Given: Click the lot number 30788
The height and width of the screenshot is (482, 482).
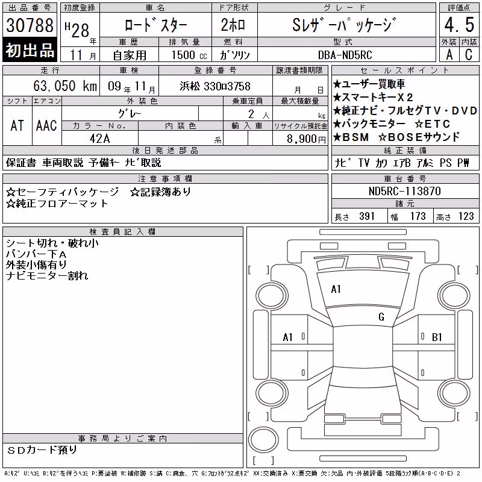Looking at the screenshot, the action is pos(30,25).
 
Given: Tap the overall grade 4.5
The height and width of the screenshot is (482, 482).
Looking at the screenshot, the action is pos(459,25).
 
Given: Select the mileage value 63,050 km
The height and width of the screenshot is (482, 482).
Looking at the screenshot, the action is pos(65,86).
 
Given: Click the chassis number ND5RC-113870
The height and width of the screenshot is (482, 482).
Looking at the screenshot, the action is pos(405,191).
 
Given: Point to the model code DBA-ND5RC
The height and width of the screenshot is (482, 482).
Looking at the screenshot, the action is pos(345,55).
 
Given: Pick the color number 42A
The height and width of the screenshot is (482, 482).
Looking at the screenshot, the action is pos(99,139).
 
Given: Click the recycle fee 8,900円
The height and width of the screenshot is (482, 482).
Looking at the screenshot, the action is pos(306,139).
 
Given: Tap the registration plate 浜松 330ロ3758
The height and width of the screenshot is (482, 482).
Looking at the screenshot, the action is pos(215,86).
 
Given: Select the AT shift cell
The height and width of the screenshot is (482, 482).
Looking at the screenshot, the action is pos(17,125).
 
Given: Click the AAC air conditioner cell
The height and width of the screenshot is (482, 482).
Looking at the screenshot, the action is pos(46,125).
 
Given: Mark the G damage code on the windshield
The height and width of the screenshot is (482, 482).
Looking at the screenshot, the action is pos(381,317).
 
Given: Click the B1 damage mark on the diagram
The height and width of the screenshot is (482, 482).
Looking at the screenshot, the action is pos(437,337).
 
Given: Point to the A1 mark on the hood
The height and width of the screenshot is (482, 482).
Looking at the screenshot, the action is pos(336,289).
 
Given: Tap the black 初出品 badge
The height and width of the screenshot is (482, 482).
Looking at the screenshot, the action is pos(30,50).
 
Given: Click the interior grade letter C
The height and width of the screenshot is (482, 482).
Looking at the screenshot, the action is pos(469,55).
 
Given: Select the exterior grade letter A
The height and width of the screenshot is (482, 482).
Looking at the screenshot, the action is pos(449,55).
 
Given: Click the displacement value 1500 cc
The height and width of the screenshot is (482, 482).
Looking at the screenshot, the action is pos(189,55).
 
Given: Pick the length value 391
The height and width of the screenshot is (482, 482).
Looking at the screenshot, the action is pos(367,216).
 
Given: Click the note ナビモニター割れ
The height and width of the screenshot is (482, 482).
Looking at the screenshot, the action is pos(47,276).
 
